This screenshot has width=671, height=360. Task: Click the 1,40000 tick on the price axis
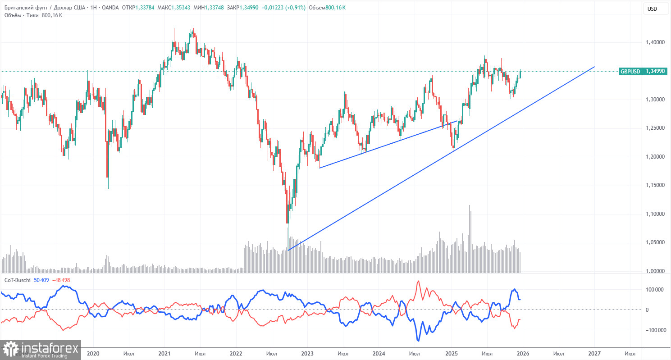tap(656, 42)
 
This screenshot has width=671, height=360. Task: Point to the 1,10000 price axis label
tap(656, 214)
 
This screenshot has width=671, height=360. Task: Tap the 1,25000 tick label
tap(656, 128)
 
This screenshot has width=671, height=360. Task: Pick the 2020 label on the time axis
tap(92, 354)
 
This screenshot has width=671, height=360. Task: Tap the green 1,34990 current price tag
tap(656, 71)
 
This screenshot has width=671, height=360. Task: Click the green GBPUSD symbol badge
tap(630, 71)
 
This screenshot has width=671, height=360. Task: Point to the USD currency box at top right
tap(652, 9)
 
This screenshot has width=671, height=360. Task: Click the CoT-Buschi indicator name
tap(18, 280)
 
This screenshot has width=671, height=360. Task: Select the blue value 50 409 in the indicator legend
tap(42, 280)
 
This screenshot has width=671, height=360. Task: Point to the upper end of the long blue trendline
tap(594, 67)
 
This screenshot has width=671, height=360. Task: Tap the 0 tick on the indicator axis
tap(647, 310)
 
